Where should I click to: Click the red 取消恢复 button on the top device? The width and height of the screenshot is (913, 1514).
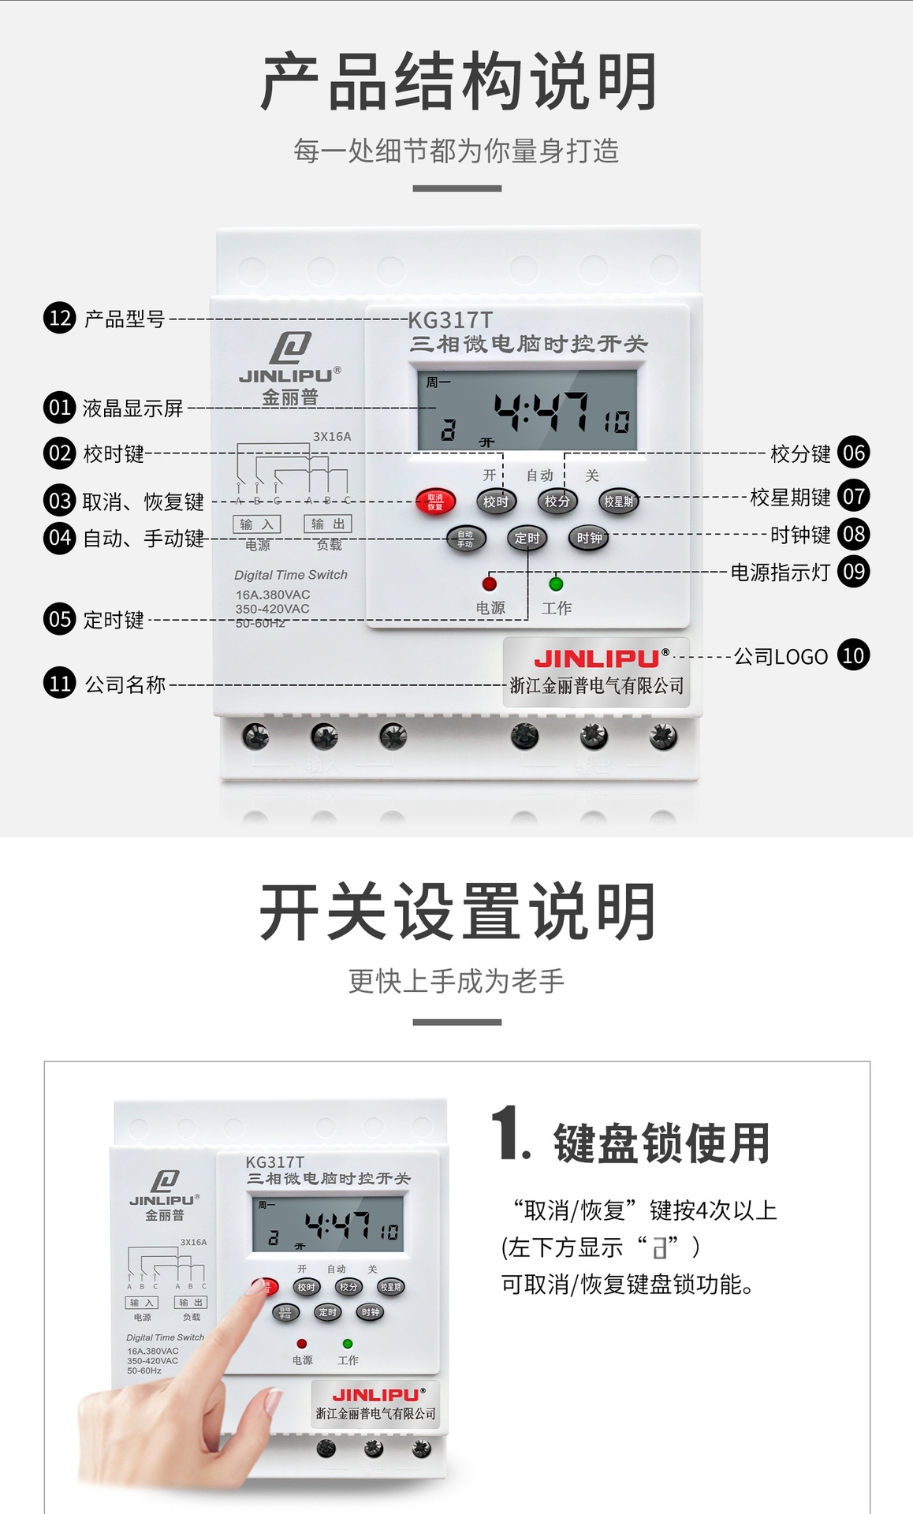[435, 502]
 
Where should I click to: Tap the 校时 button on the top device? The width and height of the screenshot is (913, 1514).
[496, 502]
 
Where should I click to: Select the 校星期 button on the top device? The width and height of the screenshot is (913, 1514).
[618, 502]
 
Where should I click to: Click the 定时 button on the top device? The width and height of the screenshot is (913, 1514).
[527, 539]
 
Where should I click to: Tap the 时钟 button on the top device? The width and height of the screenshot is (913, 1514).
[589, 539]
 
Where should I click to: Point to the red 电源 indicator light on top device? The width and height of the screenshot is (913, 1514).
[490, 584]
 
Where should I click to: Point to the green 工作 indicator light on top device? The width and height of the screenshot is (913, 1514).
[556, 584]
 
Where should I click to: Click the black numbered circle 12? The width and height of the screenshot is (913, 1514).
[59, 318]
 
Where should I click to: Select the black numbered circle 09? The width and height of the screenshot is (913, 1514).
[853, 572]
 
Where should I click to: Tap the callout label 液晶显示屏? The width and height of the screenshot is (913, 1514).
[132, 408]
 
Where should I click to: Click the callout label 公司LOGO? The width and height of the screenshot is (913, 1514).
[781, 657]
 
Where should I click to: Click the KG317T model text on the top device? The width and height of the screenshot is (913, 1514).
[450, 320]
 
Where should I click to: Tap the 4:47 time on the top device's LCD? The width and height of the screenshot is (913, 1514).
[541, 412]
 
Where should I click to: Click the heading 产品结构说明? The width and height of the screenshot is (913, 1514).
[457, 82]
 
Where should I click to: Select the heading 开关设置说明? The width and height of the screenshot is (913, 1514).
[457, 912]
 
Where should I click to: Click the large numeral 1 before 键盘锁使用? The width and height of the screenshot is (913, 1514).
[509, 1133]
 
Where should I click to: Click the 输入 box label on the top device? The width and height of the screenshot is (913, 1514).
[256, 524]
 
